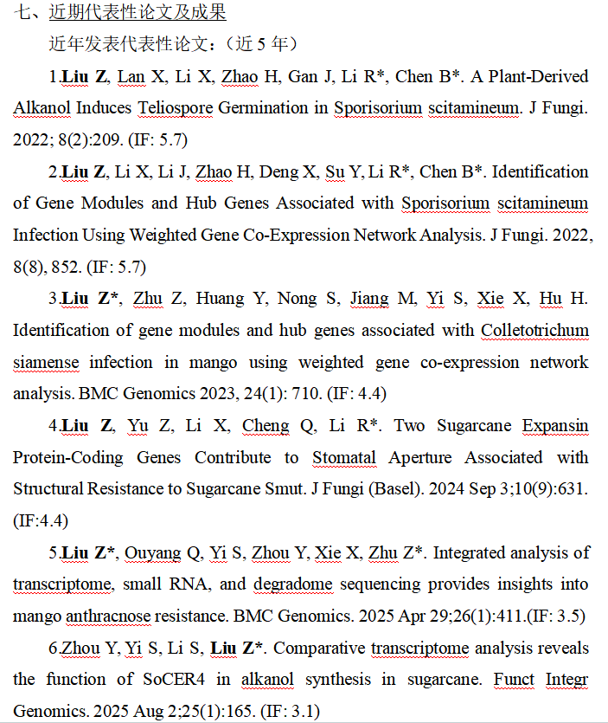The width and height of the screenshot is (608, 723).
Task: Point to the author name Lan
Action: pyautogui.click(x=131, y=76)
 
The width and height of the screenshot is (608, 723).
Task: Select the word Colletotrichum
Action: pyautogui.click(x=534, y=330)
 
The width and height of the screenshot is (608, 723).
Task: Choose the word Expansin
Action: pyautogui.click(x=555, y=426)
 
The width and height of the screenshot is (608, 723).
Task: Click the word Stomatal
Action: pyautogui.click(x=344, y=457)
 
